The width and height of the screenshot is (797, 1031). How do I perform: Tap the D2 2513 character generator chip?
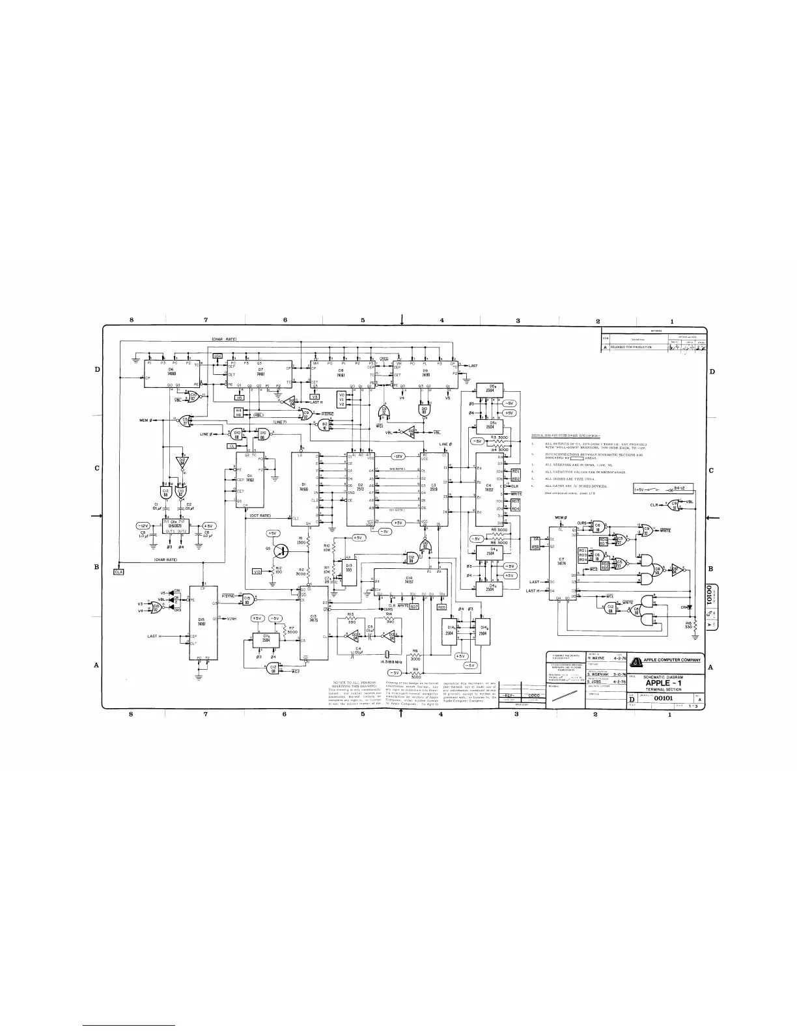click(x=359, y=485)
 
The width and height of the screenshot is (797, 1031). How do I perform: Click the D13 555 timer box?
click(x=350, y=568)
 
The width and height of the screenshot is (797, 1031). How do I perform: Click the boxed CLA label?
click(x=119, y=571)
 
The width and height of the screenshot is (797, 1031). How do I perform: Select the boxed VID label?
click(x=257, y=571)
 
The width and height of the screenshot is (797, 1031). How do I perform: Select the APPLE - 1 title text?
click(x=663, y=683)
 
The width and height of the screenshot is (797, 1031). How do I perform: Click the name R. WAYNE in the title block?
click(x=598, y=658)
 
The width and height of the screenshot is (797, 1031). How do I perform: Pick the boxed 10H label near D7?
click(x=218, y=355)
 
